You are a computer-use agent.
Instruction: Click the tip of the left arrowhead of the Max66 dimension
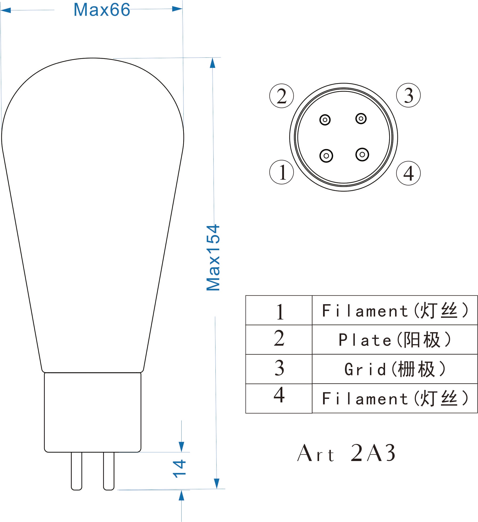point(0,10)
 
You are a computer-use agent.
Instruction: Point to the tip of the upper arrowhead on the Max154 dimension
point(212,58)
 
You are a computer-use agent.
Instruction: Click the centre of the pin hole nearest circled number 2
point(325,120)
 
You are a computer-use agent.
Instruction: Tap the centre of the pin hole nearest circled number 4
point(362,155)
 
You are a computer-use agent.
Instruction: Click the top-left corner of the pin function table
point(246,296)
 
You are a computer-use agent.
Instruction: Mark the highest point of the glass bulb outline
point(92,58)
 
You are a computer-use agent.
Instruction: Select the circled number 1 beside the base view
point(282,172)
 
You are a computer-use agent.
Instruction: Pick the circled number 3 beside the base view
point(408,95)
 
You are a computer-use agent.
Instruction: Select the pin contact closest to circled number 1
point(326,156)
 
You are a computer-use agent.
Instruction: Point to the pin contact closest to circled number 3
point(361,119)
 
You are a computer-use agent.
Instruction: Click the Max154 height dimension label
point(213,258)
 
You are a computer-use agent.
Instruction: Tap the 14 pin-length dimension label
point(179,469)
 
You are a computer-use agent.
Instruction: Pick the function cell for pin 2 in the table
point(395,340)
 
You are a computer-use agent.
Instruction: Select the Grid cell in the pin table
point(395,369)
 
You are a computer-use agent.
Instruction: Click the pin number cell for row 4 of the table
point(279,398)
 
